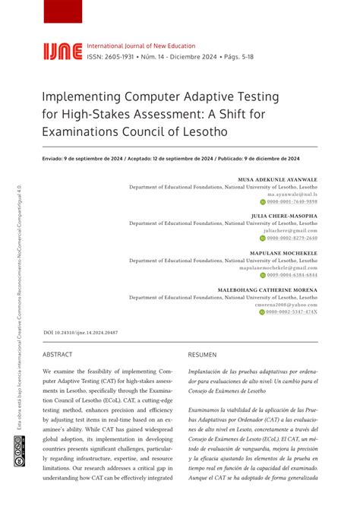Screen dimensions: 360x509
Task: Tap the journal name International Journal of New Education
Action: pyautogui.click(x=141, y=46)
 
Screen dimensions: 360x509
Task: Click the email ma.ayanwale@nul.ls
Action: pyautogui.click(x=292, y=194)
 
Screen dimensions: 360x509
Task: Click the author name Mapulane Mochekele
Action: pyautogui.click(x=283, y=252)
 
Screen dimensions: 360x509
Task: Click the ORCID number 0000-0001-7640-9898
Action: pyautogui.click(x=292, y=202)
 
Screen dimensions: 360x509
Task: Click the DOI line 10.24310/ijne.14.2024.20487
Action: pyautogui.click(x=81, y=333)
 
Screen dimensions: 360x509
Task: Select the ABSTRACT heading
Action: pyautogui.click(x=58, y=355)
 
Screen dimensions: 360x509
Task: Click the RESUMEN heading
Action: pyautogui.click(x=202, y=355)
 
